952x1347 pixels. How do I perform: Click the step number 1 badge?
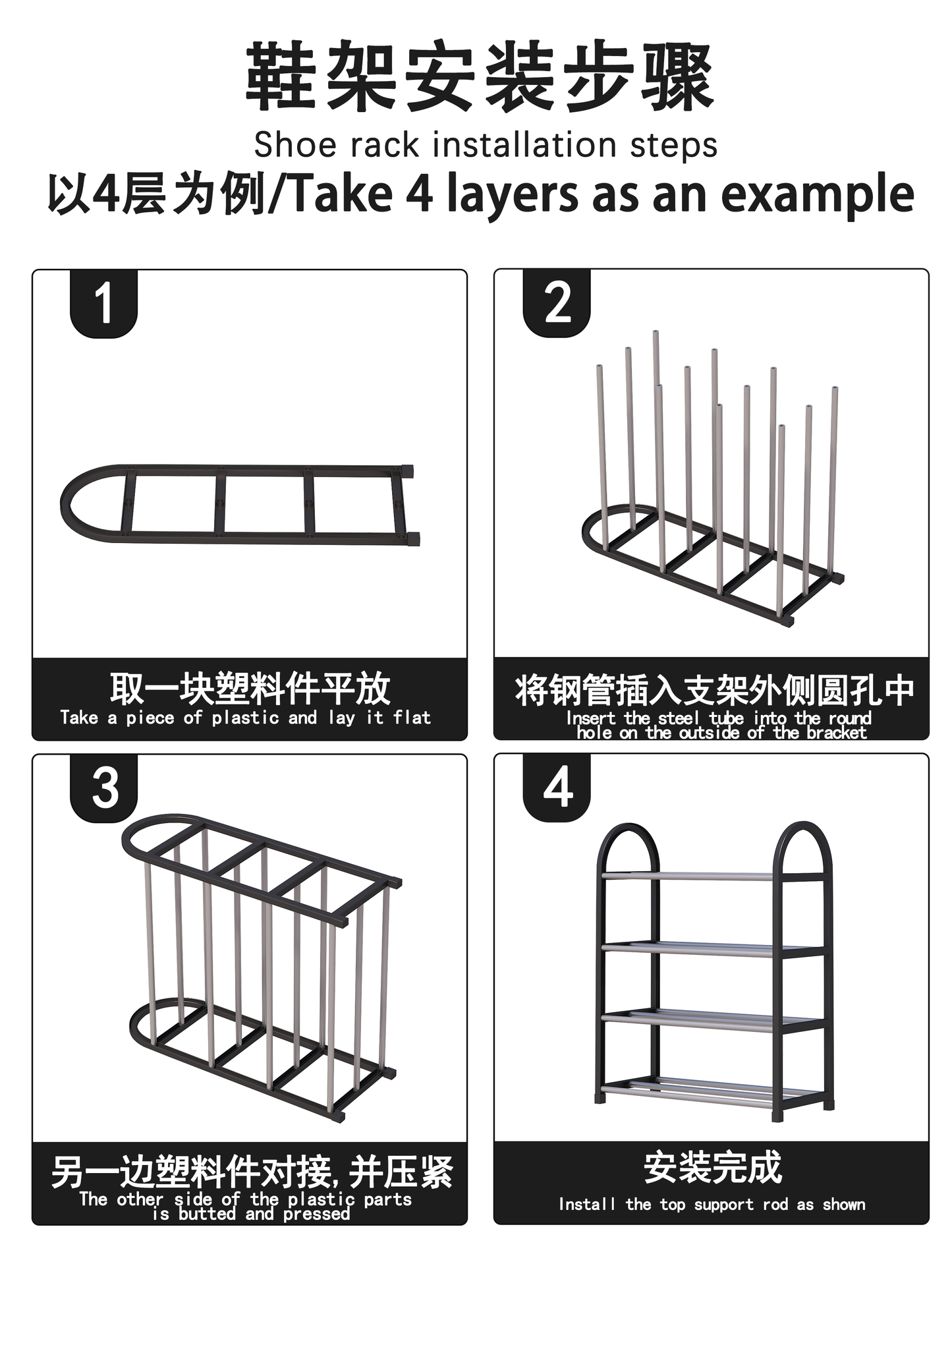(x=103, y=304)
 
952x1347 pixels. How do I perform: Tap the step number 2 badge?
(x=557, y=303)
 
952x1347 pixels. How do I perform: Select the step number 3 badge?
(x=103, y=788)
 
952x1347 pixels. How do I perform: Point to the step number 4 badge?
(x=557, y=788)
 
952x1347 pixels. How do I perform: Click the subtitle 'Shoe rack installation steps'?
(x=486, y=145)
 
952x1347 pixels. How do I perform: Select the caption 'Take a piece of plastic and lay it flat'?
(x=245, y=718)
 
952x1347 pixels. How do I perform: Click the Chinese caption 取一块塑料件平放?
(x=250, y=689)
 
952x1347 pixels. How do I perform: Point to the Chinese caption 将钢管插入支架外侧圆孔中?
(x=715, y=690)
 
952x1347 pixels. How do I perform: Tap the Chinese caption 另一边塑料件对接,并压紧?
(x=252, y=1172)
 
